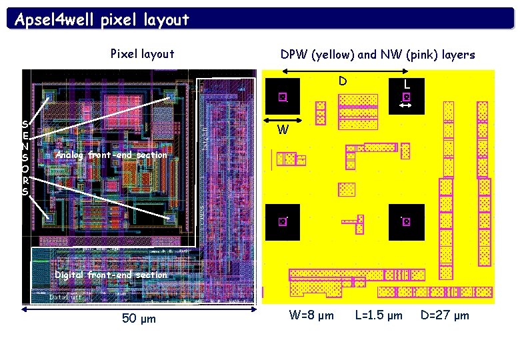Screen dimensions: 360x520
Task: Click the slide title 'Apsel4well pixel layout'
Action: (102, 19)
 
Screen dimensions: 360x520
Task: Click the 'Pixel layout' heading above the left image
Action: (142, 54)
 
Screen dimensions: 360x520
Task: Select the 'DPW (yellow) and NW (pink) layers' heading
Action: (377, 55)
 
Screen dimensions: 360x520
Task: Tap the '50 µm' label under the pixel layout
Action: (139, 318)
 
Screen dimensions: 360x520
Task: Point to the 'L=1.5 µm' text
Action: (379, 315)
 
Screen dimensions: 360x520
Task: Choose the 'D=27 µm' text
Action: (445, 315)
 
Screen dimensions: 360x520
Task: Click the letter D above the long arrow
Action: (342, 81)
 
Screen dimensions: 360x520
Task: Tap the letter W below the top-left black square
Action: (283, 130)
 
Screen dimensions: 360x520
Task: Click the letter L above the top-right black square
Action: (407, 85)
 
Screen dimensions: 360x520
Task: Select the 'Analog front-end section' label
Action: (112, 155)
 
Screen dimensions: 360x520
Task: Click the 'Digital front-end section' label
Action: (111, 275)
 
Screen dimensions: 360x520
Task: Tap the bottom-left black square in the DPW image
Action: (283, 222)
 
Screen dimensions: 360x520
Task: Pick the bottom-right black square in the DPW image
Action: (407, 222)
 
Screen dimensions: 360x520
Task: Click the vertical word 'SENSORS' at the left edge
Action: (25, 157)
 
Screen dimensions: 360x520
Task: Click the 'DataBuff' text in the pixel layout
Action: (66, 297)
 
